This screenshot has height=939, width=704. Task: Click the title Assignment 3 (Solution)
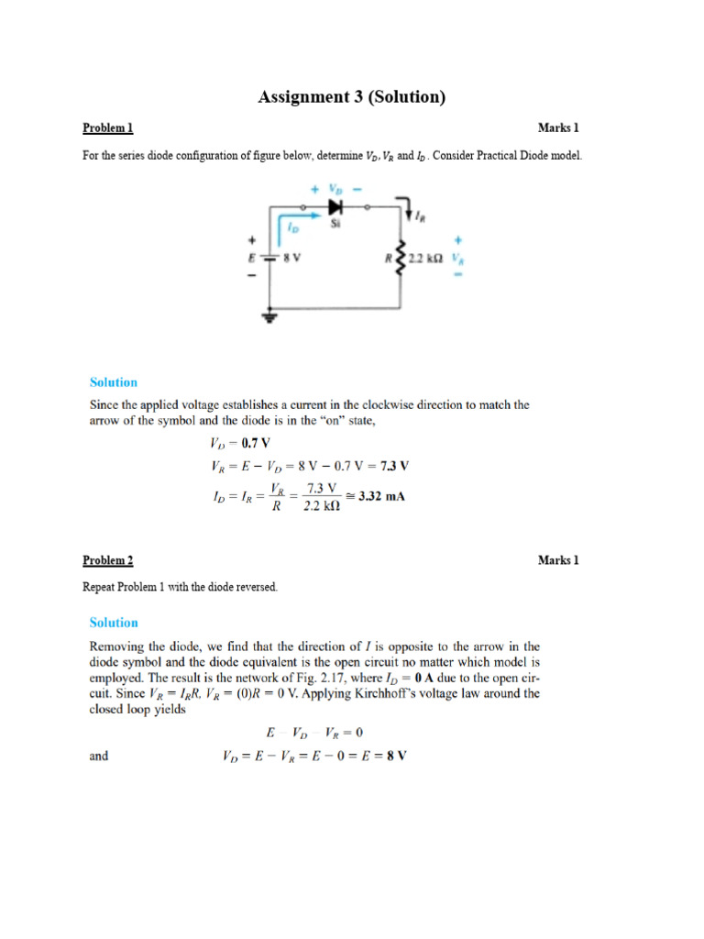click(352, 96)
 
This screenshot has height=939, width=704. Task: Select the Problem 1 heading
click(108, 128)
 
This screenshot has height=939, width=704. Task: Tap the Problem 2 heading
click(108, 560)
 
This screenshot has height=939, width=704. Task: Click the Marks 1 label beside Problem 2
click(558, 560)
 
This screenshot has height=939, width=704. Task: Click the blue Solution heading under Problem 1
click(114, 382)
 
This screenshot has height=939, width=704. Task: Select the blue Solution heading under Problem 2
click(114, 623)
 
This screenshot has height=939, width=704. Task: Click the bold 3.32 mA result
click(382, 496)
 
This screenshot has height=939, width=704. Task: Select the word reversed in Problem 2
click(252, 587)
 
